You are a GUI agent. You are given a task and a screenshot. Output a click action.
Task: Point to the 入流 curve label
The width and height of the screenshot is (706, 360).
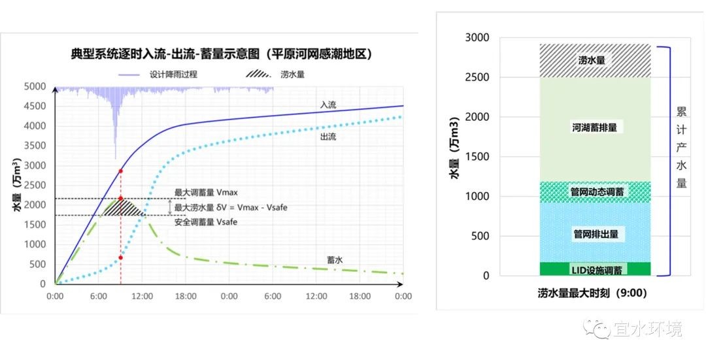coord(329,105)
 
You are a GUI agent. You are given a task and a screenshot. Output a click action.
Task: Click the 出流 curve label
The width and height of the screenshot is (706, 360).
coord(329,137)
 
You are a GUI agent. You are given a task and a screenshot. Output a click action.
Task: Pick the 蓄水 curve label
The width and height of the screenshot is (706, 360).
coord(335,259)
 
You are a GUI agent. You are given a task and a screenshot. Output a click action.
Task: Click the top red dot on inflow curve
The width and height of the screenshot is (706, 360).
coord(120,171)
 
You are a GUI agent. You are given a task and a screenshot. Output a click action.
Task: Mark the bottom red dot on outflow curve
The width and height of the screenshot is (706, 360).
coord(120,257)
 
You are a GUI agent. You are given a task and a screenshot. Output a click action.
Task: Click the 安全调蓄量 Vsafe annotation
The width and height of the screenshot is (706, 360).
coord(205,222)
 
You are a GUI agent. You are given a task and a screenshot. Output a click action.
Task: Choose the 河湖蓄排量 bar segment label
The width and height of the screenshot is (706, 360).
coord(594,127)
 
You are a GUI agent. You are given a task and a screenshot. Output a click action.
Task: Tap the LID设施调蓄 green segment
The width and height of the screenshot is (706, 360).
coord(595,269)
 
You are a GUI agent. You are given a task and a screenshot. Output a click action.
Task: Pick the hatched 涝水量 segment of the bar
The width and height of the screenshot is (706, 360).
coord(594,60)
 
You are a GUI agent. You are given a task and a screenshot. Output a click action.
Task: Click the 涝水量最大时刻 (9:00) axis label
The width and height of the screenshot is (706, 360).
coord(592,293)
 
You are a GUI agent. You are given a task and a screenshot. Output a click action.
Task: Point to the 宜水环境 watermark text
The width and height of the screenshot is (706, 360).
coord(647,329)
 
